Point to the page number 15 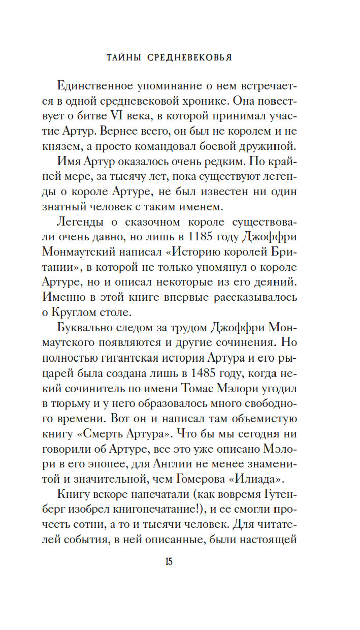point(169,562)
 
